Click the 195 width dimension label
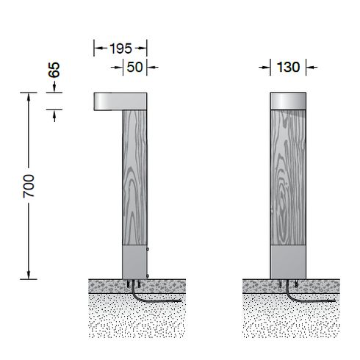120,48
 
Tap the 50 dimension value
134,67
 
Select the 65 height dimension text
54,70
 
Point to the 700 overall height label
29,186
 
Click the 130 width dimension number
288,67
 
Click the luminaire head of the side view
120,101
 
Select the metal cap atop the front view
288,101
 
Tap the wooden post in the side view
134,178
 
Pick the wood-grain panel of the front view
288,178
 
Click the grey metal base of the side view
134,262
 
